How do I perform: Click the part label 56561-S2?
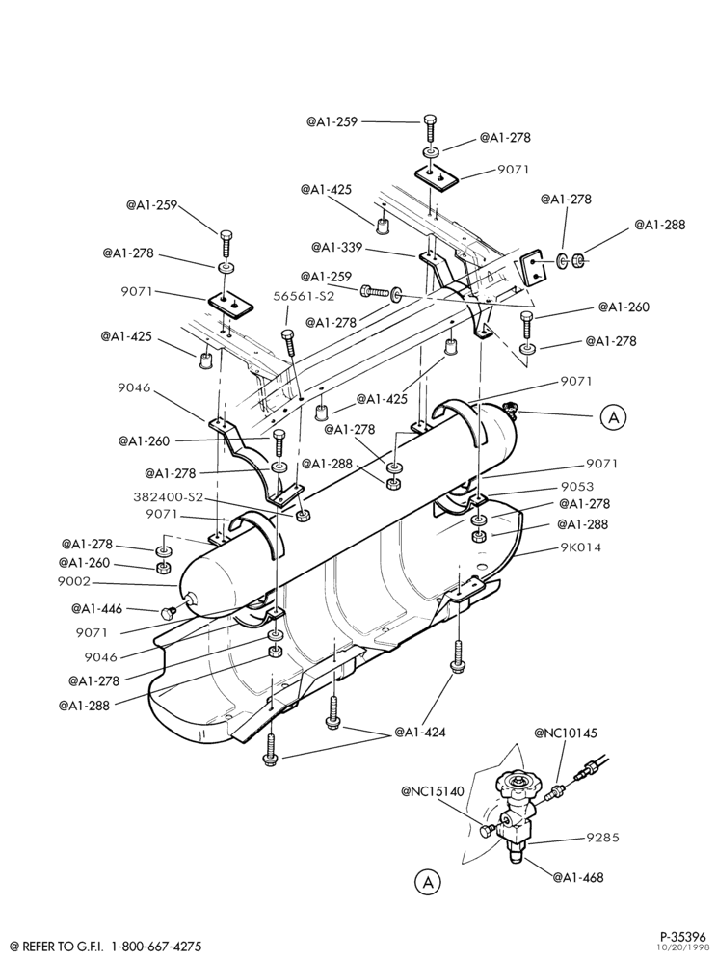tap(305, 296)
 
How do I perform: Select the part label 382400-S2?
tap(168, 496)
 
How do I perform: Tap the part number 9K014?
tap(580, 547)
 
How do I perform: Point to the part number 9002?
tap(74, 581)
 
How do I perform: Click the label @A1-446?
tap(96, 608)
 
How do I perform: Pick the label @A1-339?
tap(336, 248)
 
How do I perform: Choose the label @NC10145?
tap(565, 733)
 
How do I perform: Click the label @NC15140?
tap(433, 790)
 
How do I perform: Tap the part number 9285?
tap(602, 837)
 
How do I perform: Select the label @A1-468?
tap(578, 877)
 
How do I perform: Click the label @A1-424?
tap(420, 732)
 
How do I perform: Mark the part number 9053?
tap(577, 487)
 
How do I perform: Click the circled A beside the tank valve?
tap(613, 417)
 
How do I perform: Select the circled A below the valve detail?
tap(427, 882)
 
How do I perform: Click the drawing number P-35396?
tap(682, 937)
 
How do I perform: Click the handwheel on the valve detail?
tap(518, 783)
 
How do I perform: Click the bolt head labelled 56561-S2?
tap(287, 334)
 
